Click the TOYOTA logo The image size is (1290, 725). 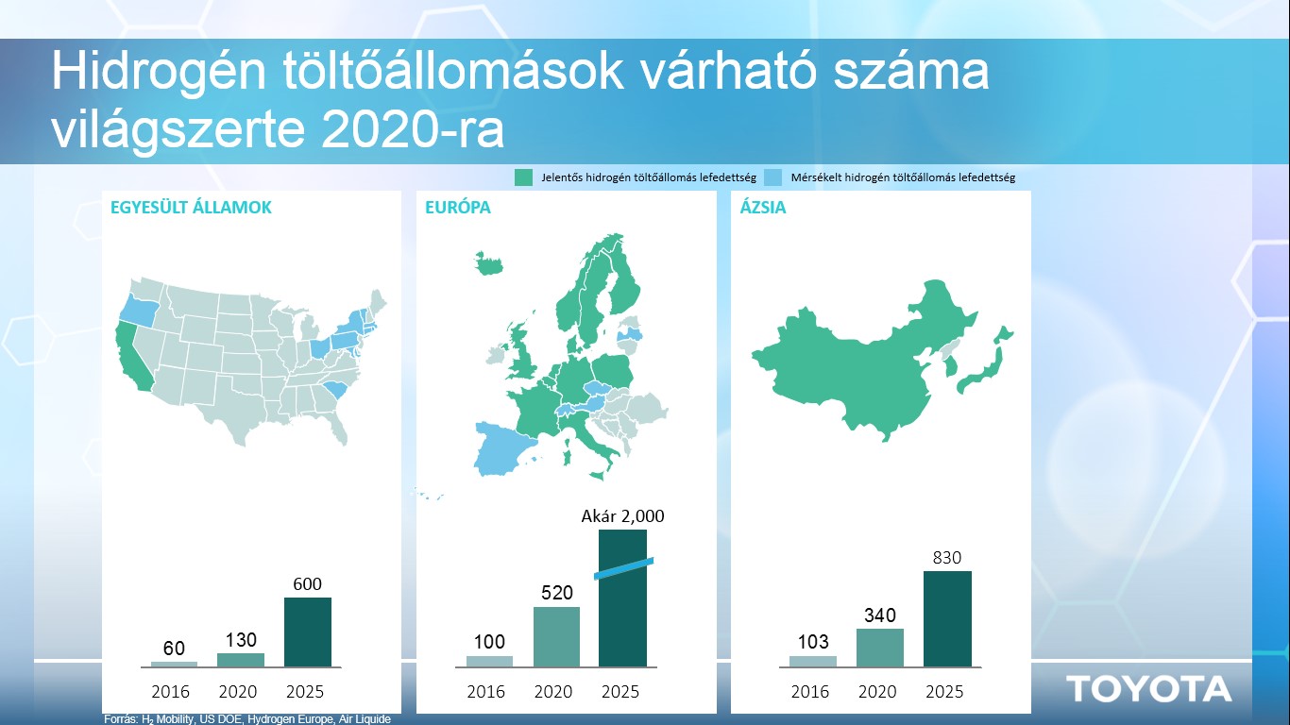click(1148, 689)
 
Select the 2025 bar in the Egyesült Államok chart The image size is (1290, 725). click(308, 632)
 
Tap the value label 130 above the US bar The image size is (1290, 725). click(241, 640)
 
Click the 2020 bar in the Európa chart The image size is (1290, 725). click(556, 637)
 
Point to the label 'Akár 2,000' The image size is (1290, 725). click(622, 516)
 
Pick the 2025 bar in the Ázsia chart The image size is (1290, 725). click(947, 619)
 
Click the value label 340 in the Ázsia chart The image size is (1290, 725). click(880, 615)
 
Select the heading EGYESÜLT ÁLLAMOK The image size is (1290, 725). click(191, 208)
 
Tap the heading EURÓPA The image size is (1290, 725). click(458, 208)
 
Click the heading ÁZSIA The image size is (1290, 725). click(762, 208)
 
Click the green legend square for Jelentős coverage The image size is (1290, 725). click(523, 177)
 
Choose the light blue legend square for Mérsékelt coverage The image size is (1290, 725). click(772, 177)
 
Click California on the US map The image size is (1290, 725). click(132, 360)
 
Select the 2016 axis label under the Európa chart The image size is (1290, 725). click(485, 692)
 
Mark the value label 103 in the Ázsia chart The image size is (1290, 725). click(812, 642)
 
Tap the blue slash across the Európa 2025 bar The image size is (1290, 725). click(623, 567)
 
